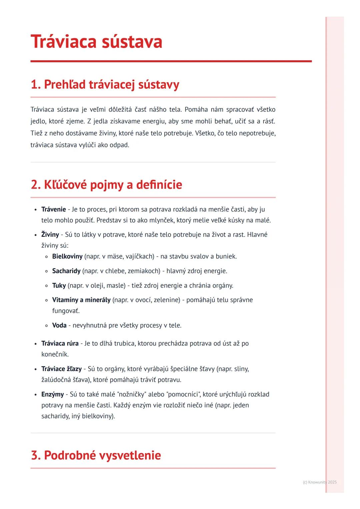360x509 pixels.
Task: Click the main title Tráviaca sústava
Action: point(96,42)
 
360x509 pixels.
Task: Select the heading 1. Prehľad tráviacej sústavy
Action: point(105,85)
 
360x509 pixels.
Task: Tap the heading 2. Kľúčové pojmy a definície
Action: point(106,185)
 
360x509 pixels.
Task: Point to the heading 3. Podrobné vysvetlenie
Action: point(96,455)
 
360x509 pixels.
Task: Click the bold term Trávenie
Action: point(54,209)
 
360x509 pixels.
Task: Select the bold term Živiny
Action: point(50,235)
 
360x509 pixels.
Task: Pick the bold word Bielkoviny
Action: point(67,256)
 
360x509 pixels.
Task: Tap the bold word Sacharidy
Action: point(66,271)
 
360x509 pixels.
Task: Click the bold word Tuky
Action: point(59,285)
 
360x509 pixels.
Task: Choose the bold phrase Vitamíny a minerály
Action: point(81,300)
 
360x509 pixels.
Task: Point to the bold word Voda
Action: point(59,325)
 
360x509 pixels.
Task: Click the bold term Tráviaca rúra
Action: point(60,343)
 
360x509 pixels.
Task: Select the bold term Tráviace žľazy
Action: point(61,369)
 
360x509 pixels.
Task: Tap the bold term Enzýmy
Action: point(53,394)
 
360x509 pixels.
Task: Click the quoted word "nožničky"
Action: point(132,394)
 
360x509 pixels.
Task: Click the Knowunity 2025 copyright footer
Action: point(320,482)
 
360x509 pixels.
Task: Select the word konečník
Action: point(55,354)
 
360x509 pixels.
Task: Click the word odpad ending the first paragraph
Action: point(119,145)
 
